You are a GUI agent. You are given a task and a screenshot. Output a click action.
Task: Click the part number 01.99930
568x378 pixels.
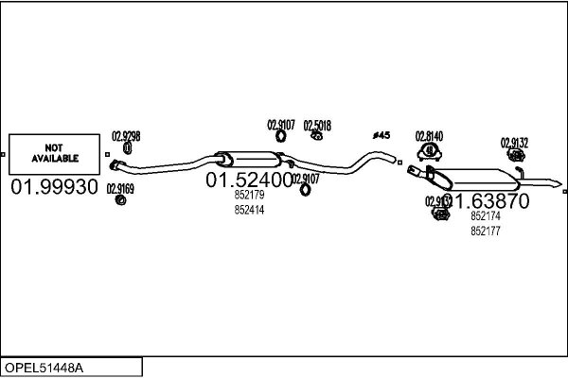[54, 187]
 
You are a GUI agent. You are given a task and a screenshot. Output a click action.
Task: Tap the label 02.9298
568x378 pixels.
[126, 136]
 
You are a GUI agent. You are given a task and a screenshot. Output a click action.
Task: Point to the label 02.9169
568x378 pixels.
[120, 188]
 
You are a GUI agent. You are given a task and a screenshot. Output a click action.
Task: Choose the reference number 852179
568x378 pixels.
[249, 196]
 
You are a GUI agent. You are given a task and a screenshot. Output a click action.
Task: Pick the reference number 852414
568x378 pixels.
[249, 210]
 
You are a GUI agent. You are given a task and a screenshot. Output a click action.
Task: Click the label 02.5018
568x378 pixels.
[317, 124]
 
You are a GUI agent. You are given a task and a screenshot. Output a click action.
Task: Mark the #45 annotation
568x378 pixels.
[382, 136]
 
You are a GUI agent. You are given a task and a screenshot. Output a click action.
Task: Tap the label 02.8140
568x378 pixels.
[429, 136]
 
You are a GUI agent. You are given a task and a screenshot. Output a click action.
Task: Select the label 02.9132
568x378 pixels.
[514, 143]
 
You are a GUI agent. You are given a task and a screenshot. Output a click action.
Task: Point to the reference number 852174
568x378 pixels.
[486, 216]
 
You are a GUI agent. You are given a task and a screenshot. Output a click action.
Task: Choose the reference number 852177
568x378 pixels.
[486, 231]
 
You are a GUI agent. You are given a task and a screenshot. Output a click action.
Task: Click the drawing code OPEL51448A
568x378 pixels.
[45, 367]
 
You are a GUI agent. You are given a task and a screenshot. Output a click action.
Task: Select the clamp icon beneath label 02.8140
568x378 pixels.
[430, 150]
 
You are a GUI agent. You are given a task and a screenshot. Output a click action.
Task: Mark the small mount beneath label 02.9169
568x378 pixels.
[120, 199]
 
